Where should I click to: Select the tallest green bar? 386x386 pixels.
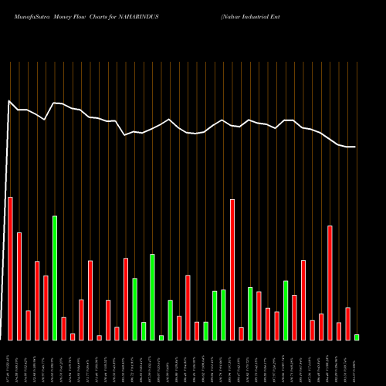tap(55, 278)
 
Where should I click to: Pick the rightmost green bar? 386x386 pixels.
tap(357, 337)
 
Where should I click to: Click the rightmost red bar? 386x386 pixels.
tap(347, 323)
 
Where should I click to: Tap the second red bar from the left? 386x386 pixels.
tap(19, 286)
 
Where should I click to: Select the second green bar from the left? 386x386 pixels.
tap(134, 309)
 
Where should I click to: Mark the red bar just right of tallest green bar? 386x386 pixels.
tap(64, 328)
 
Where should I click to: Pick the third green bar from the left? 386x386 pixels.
tap(144, 330)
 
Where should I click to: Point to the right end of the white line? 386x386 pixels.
tap(355, 147)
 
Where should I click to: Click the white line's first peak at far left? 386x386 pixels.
tap(9, 101)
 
